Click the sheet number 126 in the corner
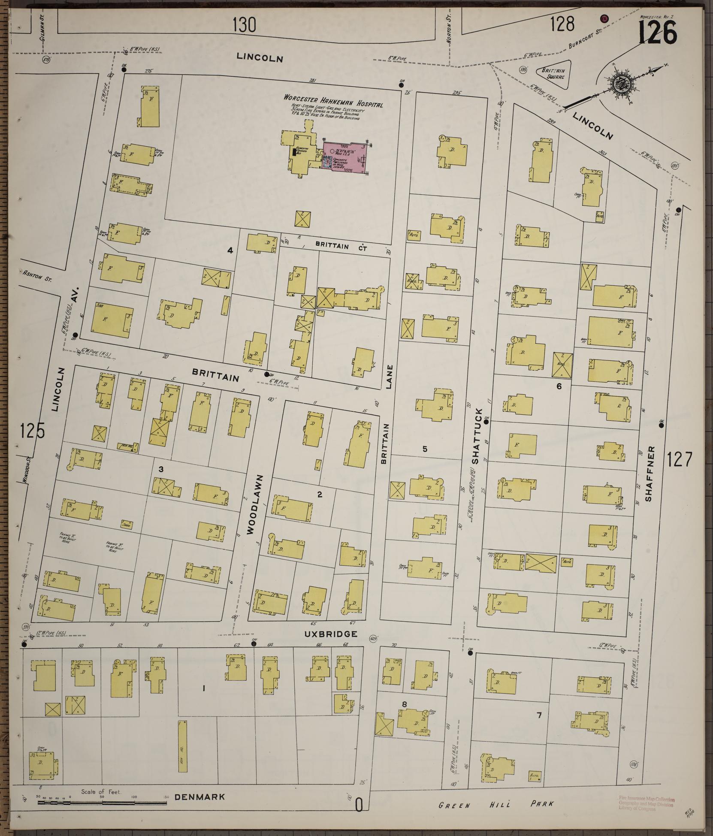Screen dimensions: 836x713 click(x=657, y=32)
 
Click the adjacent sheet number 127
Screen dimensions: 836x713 click(x=680, y=460)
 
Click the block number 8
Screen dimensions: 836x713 click(x=404, y=704)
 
